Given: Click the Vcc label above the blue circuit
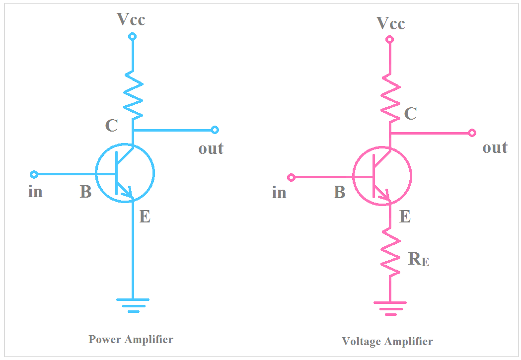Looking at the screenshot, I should point(131,19).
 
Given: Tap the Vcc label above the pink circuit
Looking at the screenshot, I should point(390,23).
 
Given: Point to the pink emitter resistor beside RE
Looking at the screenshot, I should point(390,252).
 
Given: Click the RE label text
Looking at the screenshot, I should point(418,259).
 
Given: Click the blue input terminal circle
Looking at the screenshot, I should point(34,174).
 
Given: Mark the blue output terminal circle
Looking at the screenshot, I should point(215,130).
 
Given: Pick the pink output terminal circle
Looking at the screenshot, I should point(472,133).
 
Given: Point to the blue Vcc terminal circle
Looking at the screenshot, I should point(132,37).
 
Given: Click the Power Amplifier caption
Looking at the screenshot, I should point(131,340).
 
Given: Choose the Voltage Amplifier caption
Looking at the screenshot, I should point(387,342).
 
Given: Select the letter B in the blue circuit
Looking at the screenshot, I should point(85,192).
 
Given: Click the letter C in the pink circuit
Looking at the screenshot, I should point(410,114).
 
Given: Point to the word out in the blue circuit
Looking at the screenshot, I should point(211,148).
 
